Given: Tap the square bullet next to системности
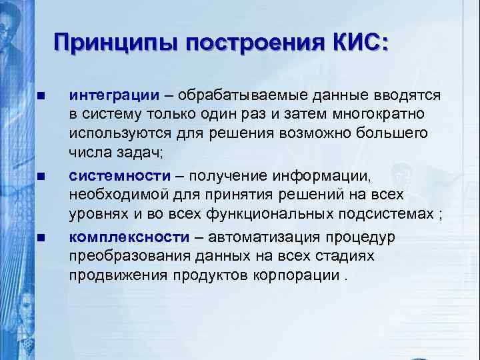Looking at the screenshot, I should coord(41,177).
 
